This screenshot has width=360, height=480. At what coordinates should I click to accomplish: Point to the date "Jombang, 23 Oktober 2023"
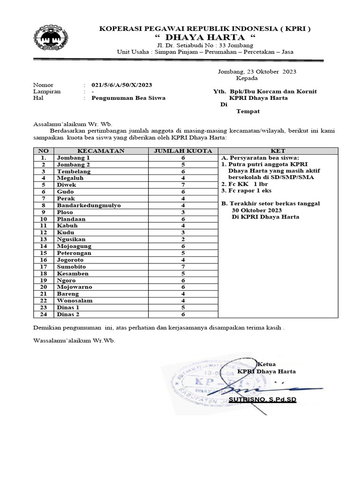257,72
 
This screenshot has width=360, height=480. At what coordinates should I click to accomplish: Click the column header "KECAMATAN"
101,151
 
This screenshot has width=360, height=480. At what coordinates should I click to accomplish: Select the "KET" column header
278,151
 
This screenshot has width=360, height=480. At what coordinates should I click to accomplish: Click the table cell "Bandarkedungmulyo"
88,205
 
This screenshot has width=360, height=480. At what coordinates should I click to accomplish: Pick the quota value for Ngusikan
183,239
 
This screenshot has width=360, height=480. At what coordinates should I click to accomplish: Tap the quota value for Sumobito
183,266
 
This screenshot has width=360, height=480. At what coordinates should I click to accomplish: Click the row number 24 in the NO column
43,314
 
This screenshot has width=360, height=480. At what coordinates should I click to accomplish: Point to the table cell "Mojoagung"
74,246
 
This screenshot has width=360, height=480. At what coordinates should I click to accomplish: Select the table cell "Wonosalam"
75,300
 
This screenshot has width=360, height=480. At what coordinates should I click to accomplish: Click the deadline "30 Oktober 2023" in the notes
256,210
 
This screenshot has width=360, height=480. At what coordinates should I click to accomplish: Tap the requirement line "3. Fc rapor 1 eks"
247,190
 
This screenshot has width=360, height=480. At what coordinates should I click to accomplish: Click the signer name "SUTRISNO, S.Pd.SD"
262,400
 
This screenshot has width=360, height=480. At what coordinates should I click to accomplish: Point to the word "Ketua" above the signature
267,364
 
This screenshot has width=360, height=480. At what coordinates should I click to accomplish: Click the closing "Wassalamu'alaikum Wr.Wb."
74,341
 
